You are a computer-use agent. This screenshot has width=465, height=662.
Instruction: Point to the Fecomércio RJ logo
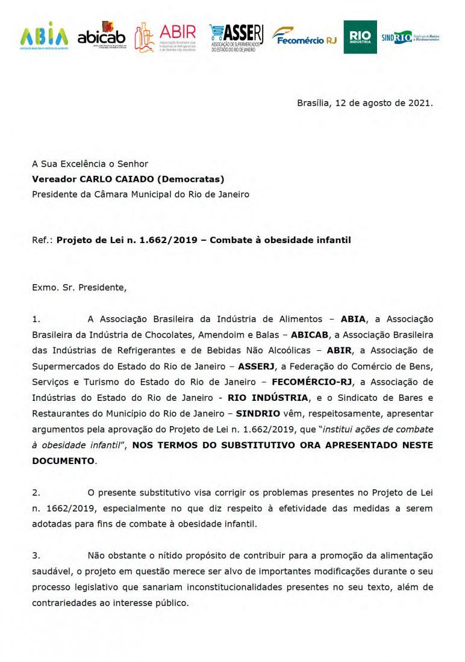[304, 37]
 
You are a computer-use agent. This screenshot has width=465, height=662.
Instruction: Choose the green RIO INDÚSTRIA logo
[360, 37]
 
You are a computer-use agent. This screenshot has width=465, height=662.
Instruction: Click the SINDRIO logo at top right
[410, 37]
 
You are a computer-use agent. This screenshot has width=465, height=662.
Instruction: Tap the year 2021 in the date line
[419, 102]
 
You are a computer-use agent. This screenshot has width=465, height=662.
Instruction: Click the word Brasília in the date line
[314, 102]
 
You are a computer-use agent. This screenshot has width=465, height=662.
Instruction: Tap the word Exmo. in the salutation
[45, 287]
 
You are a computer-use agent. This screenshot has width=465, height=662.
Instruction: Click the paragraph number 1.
[36, 319]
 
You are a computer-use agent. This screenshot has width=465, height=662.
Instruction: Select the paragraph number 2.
[36, 492]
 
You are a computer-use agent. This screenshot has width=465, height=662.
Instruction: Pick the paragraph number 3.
[36, 555]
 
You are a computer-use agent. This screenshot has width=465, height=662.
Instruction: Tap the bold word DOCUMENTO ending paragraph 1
[63, 460]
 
